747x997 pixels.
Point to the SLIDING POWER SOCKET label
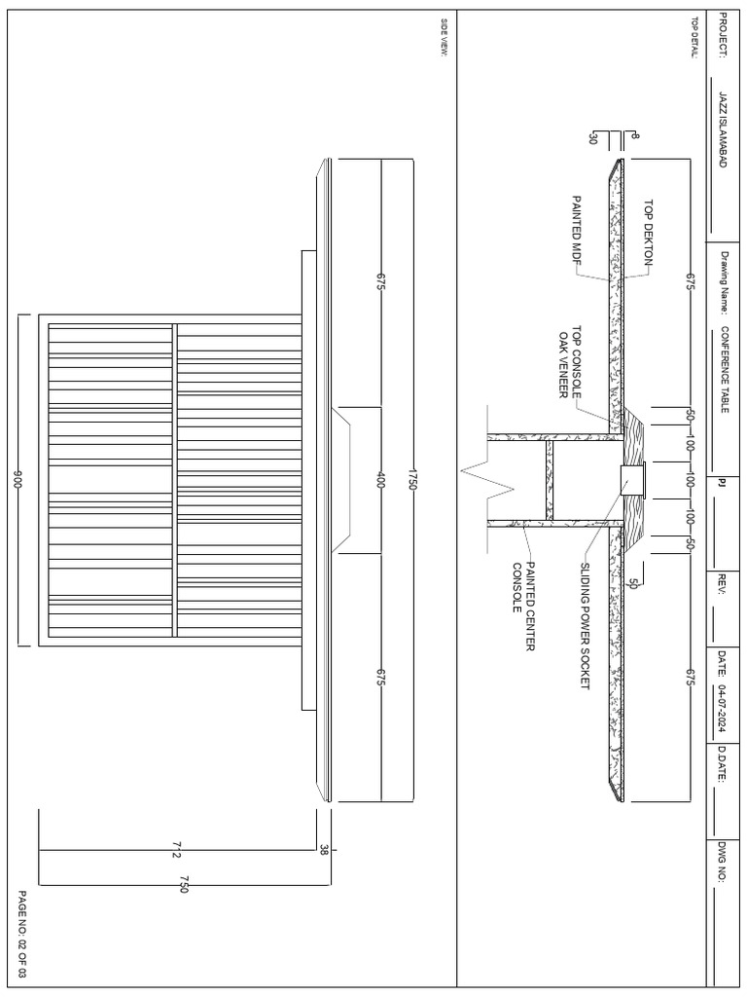[585, 627]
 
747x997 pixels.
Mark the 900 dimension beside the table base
[18, 481]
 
